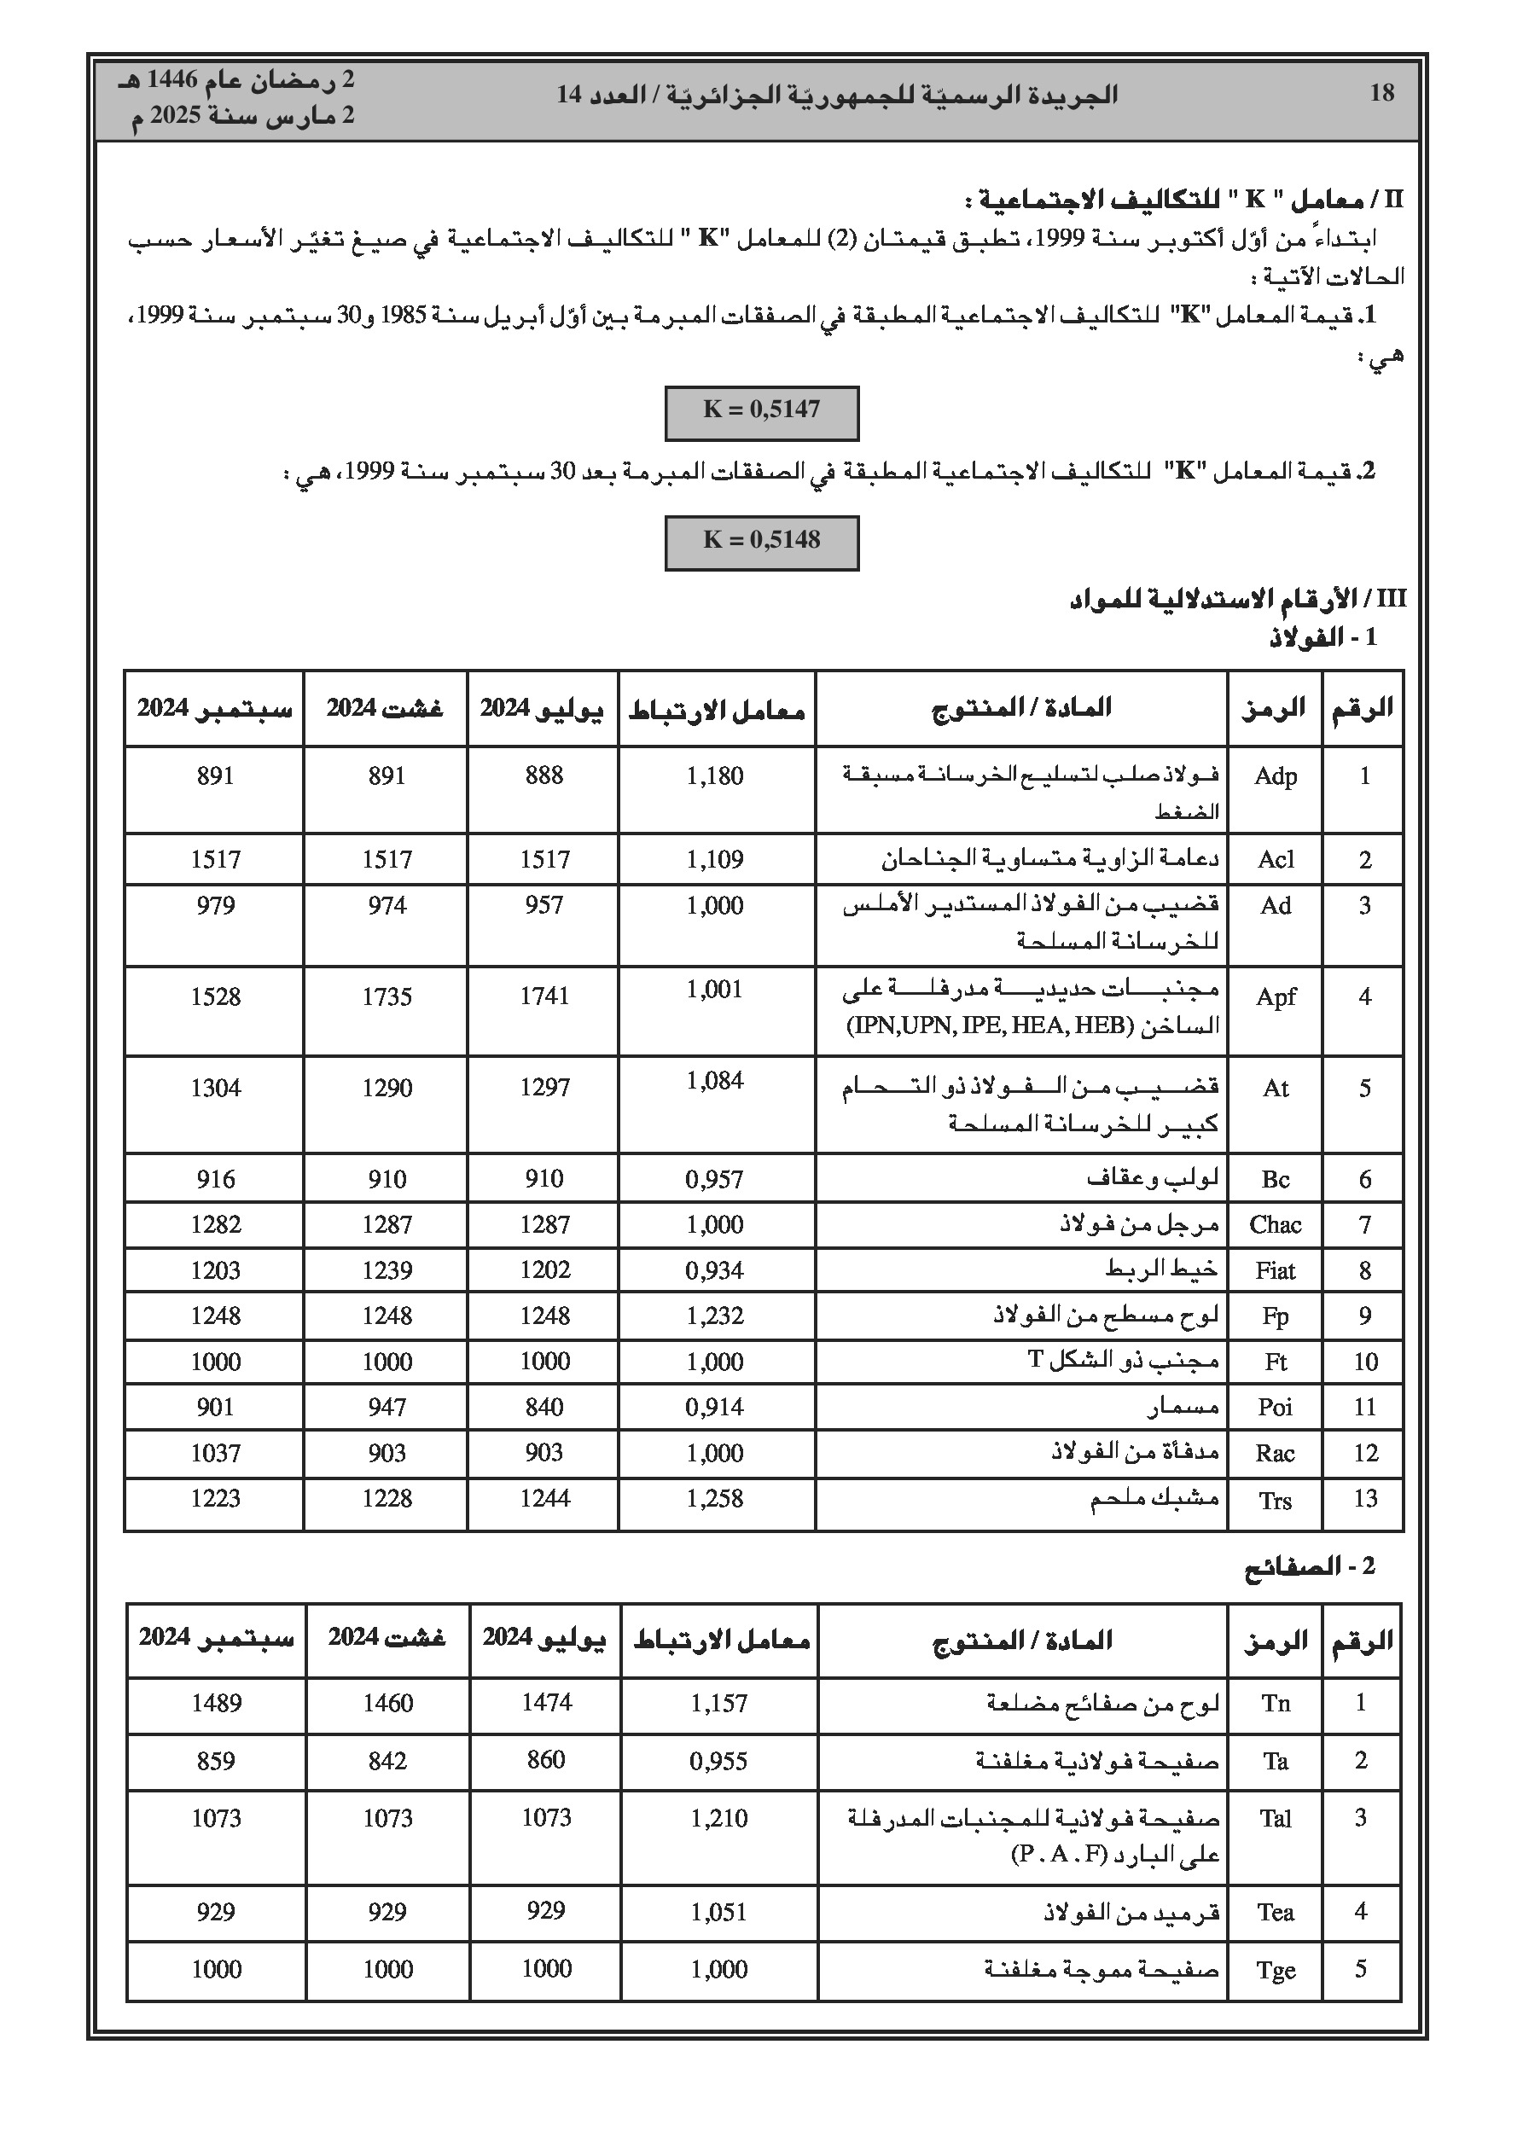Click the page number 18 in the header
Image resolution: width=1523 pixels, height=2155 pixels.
click(x=1381, y=93)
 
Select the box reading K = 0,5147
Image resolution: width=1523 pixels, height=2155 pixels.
click(x=761, y=411)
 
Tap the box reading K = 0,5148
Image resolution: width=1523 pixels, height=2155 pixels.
click(x=761, y=542)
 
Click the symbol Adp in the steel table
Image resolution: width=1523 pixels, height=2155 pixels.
click(x=1275, y=776)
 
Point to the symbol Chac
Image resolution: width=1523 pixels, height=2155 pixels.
click(x=1275, y=1225)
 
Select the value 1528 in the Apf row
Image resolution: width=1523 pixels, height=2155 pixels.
click(x=215, y=996)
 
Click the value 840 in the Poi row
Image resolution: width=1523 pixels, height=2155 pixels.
click(x=544, y=1407)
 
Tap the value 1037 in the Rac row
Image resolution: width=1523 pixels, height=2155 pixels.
click(x=215, y=1453)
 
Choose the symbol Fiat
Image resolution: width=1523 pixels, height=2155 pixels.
click(x=1275, y=1271)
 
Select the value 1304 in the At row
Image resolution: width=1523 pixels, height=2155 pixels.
click(x=215, y=1088)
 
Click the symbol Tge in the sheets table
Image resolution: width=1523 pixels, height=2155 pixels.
click(x=1275, y=1970)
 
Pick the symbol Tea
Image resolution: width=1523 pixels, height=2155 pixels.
click(x=1275, y=1912)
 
